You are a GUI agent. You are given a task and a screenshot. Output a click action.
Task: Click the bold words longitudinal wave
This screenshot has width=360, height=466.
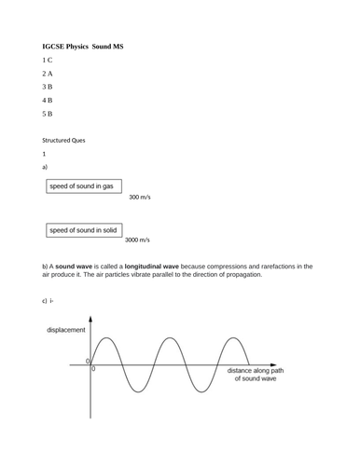(159, 267)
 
